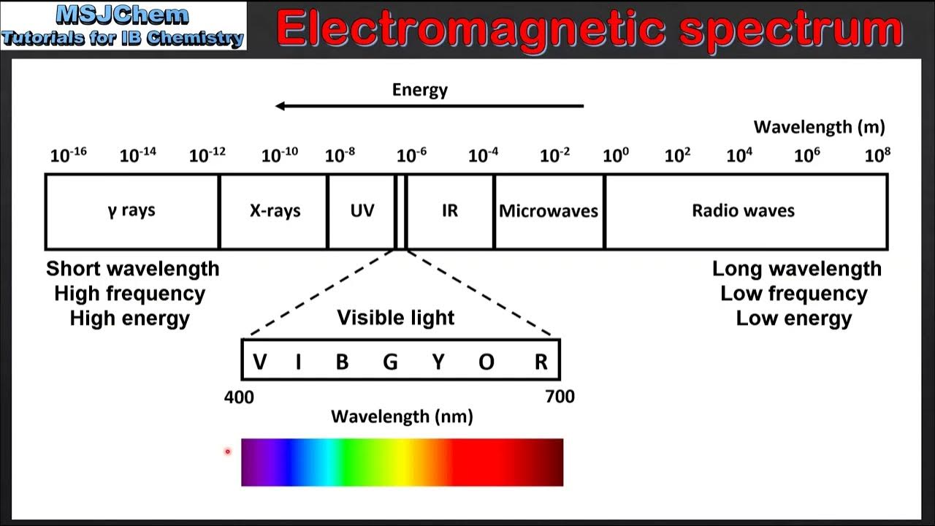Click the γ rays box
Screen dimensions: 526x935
[x=131, y=211]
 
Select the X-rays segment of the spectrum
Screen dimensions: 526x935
[x=275, y=211]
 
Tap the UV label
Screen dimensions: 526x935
[x=362, y=211]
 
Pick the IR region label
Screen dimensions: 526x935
[x=450, y=211]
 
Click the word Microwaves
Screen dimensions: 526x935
[x=549, y=211]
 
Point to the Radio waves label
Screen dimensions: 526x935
[x=743, y=211]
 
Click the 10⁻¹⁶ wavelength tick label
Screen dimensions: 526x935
[x=68, y=155]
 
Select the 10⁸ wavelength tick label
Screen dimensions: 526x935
[x=877, y=155]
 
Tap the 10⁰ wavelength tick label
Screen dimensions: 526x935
[x=615, y=155]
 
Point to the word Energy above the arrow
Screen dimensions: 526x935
[x=420, y=90]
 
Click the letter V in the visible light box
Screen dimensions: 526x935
[x=259, y=361]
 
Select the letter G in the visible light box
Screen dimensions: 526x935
[x=390, y=361]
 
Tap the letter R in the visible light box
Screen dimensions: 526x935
[x=541, y=361]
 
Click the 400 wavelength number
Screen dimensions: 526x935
[x=239, y=397]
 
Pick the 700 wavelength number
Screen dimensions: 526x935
[x=560, y=397]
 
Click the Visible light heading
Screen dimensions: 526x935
[x=395, y=318]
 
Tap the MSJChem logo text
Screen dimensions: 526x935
[x=122, y=15]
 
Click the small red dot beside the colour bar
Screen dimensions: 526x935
[x=227, y=451]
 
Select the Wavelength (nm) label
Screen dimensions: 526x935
[x=402, y=416]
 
